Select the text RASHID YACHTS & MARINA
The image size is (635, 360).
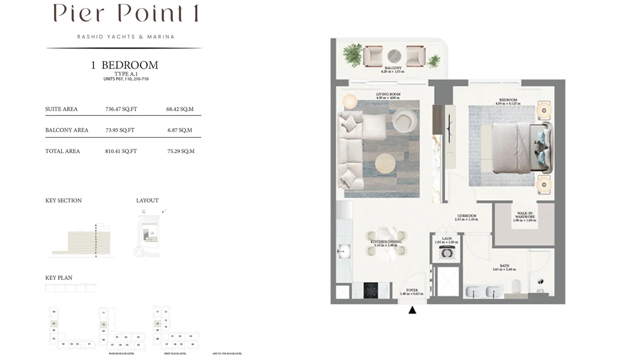click(125, 37)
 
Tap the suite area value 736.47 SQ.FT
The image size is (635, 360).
click(121, 109)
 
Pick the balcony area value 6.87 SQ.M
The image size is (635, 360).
click(179, 130)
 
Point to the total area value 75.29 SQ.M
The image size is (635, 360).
click(180, 151)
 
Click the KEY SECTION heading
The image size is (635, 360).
click(63, 201)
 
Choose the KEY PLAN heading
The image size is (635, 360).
click(59, 277)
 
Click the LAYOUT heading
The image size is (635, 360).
click(147, 201)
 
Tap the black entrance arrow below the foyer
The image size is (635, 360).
click(412, 310)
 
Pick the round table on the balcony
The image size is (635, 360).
click(394, 56)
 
